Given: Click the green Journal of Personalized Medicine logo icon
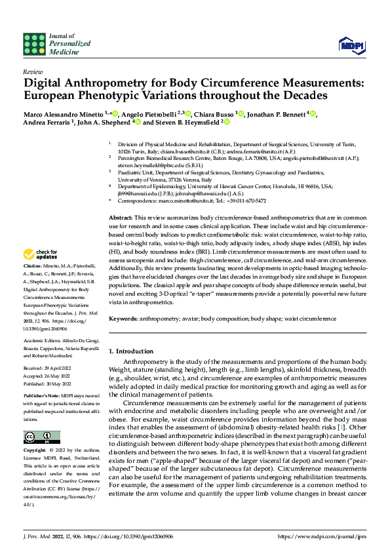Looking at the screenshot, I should [x=34, y=43].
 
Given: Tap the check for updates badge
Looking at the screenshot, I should [x=41, y=254].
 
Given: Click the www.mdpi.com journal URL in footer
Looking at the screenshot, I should [x=322, y=536].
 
